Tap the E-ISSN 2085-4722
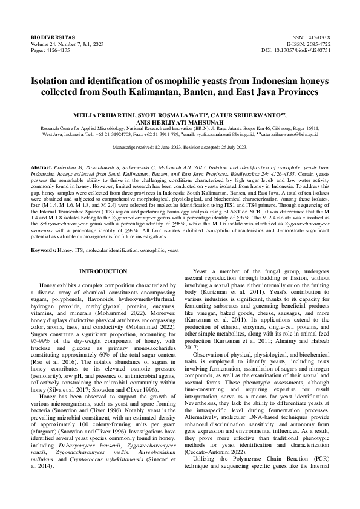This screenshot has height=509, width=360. (315, 44)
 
